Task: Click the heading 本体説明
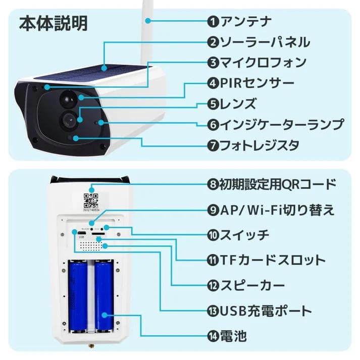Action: coord(53,23)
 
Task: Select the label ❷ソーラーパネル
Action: coord(258,42)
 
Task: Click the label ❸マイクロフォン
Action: coord(256,63)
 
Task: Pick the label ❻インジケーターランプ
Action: coord(275,124)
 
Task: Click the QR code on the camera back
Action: coord(91,201)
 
